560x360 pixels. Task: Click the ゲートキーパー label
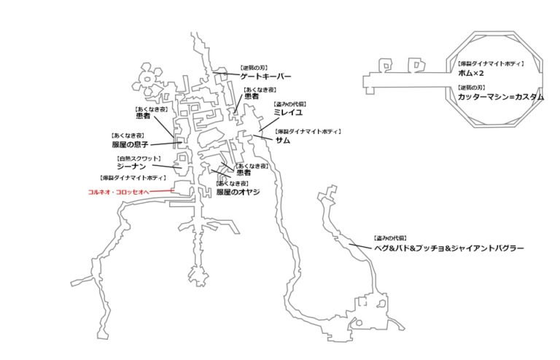[265, 76]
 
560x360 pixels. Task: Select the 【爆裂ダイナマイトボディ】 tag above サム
[307, 131]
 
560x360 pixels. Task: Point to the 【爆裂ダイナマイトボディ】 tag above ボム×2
[486, 64]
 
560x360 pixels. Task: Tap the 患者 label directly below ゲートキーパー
[251, 97]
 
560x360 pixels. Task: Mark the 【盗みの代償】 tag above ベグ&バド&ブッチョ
[390, 238]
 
